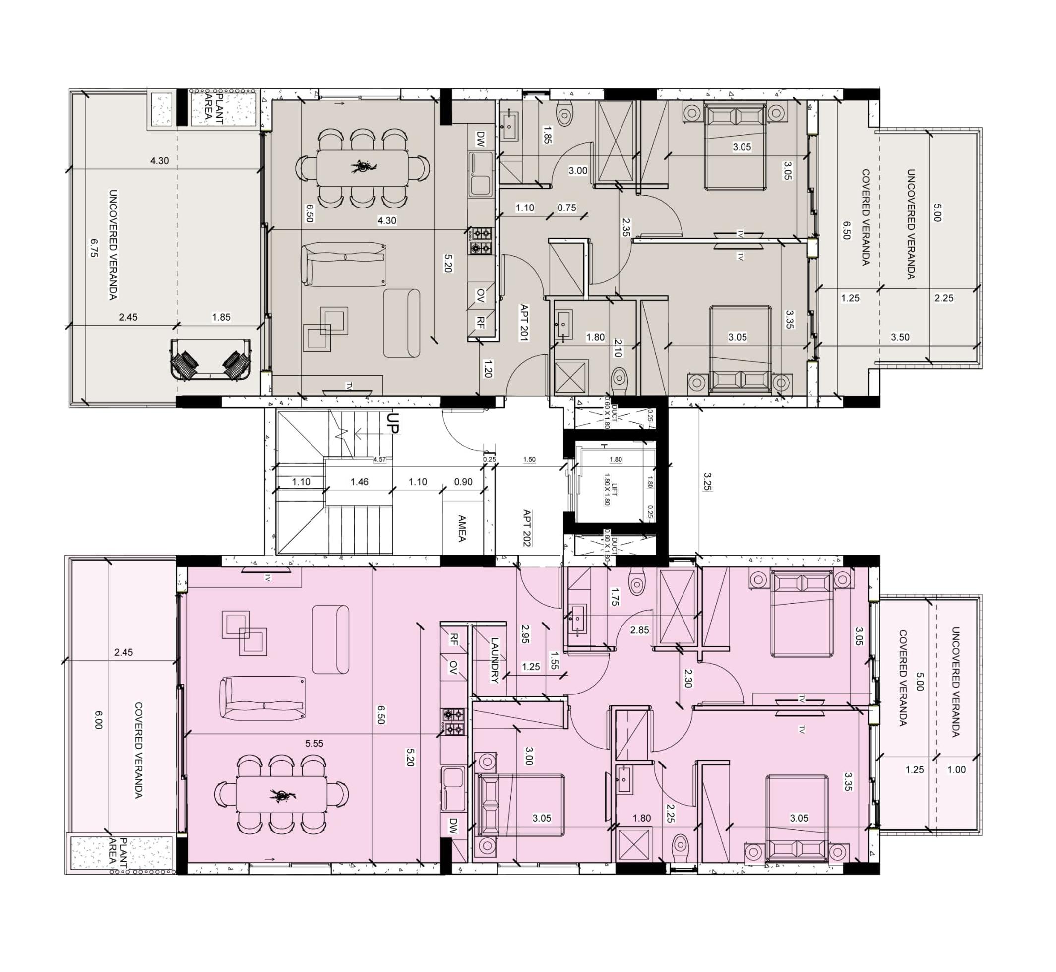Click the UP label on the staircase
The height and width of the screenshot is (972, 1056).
click(x=393, y=423)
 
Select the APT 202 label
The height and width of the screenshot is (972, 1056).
click(x=526, y=528)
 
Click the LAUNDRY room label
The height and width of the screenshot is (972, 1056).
click(x=494, y=660)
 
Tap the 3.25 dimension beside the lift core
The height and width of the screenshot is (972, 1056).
click(x=707, y=481)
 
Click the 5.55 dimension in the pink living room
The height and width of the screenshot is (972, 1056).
click(x=314, y=743)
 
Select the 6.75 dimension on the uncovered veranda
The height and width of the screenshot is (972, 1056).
click(x=94, y=248)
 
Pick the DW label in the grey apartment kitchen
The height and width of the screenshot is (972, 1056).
click(x=481, y=139)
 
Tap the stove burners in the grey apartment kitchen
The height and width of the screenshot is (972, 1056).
click(x=481, y=240)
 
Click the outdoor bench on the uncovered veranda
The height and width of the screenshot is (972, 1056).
click(x=210, y=360)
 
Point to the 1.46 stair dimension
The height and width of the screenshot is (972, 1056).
click(x=360, y=481)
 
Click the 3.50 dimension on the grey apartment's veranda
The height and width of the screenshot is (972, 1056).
click(x=900, y=337)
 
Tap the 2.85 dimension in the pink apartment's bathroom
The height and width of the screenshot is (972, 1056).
click(x=640, y=630)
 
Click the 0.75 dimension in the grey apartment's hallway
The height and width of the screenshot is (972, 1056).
click(x=566, y=208)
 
